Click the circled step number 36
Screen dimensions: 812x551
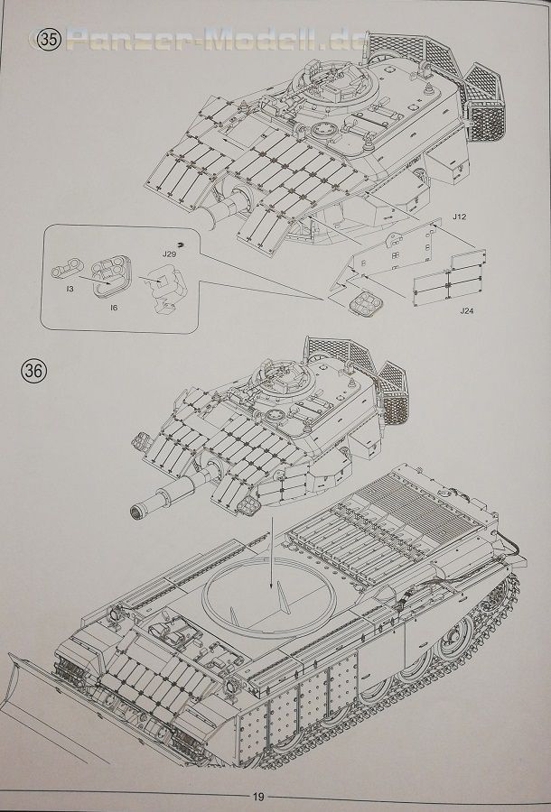click(x=34, y=370)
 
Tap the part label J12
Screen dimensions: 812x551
click(x=459, y=217)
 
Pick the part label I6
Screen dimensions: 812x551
click(x=113, y=308)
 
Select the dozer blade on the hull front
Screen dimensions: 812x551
click(x=22, y=677)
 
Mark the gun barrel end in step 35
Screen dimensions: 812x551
click(x=209, y=223)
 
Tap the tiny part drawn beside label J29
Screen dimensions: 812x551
click(x=181, y=245)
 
